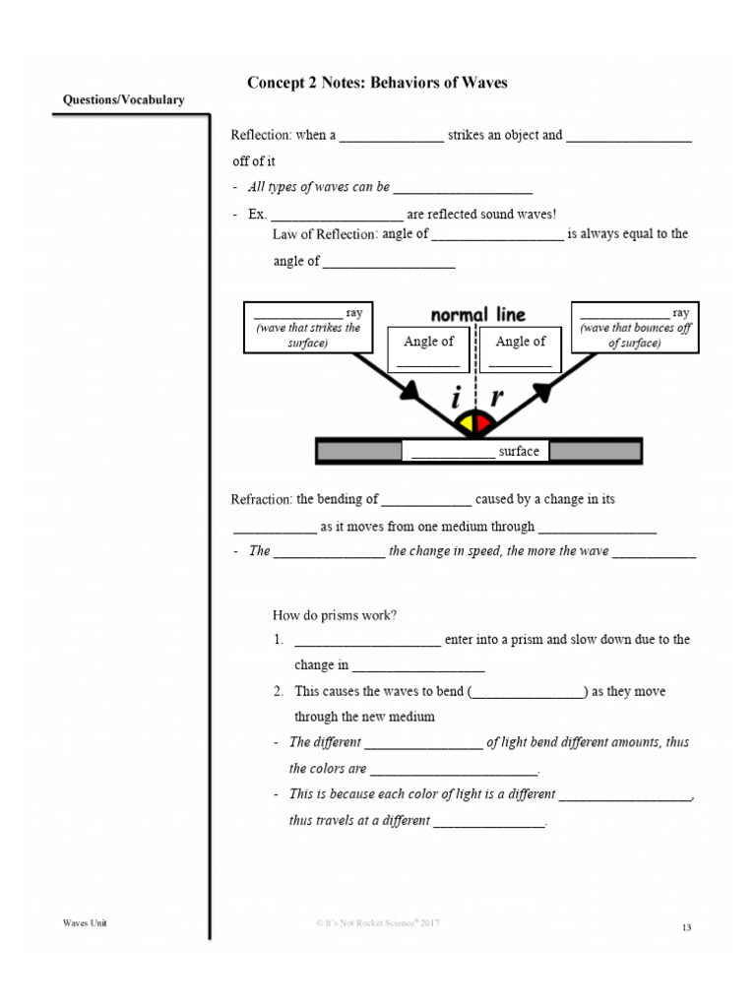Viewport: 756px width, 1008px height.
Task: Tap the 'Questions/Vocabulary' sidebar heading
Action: [x=123, y=100]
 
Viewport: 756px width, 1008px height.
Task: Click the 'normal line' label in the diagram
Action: [x=478, y=315]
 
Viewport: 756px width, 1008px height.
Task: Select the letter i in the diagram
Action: [x=456, y=399]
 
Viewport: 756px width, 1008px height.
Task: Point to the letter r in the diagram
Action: [x=497, y=399]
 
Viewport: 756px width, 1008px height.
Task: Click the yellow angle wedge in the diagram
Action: [x=464, y=424]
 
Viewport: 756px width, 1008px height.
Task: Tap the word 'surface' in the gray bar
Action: [x=519, y=452]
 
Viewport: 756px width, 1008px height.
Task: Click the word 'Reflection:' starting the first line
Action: [x=259, y=136]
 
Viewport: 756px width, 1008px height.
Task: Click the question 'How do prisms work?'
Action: [x=335, y=616]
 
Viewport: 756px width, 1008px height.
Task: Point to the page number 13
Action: [x=686, y=927]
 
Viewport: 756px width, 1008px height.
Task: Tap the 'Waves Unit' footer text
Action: [x=85, y=922]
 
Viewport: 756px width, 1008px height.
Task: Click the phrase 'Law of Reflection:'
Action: [x=325, y=234]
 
